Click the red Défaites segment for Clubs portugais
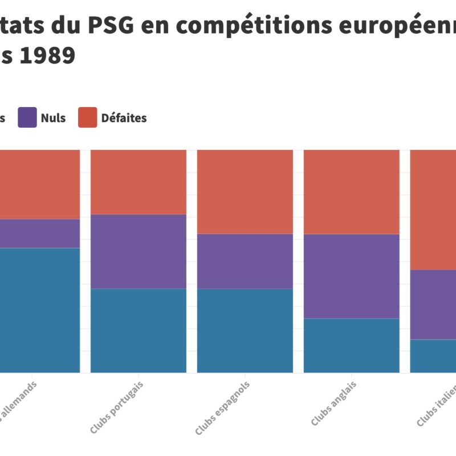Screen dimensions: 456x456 tap(139, 182)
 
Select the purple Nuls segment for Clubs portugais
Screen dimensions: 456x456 tap(139, 251)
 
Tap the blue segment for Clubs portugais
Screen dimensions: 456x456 tap(139, 331)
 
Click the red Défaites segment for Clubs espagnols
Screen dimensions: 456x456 tap(245, 192)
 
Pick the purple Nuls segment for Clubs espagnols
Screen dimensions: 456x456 tap(245, 261)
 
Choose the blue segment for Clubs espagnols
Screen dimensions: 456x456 tap(245, 331)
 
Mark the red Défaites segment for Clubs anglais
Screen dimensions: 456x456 tap(351, 192)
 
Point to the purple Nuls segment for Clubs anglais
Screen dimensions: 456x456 tap(351, 276)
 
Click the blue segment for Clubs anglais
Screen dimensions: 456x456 tap(351, 345)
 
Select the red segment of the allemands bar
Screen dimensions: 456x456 tap(40, 184)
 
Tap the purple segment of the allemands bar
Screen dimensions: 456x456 tap(40, 233)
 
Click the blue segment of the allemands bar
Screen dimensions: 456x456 tap(40, 310)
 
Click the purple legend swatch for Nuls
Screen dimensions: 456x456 tap(27, 117)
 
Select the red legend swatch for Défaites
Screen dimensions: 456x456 tap(87, 117)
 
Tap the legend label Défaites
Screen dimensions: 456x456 tap(124, 118)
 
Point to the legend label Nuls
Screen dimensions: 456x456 tap(53, 118)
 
